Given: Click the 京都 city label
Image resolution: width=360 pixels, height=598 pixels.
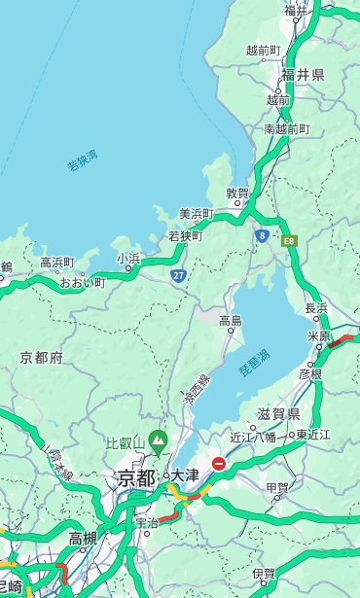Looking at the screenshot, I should [136, 477].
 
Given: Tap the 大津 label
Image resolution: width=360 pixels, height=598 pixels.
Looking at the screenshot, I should [185, 475].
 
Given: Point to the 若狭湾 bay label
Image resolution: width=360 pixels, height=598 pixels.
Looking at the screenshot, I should [83, 160].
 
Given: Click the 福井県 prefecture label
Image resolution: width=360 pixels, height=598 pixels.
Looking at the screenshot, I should [303, 74].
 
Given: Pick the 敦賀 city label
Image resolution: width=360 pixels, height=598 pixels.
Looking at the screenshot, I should [238, 193].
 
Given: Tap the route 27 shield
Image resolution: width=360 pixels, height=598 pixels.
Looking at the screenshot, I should [179, 276].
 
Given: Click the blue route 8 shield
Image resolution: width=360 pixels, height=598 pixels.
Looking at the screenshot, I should [262, 235].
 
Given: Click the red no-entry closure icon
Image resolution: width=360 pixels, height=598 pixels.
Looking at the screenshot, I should [219, 465].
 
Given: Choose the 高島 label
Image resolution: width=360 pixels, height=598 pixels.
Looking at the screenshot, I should [231, 320].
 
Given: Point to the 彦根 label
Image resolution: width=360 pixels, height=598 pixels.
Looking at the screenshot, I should [310, 373].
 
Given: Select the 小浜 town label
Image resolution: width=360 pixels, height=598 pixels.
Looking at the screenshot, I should [128, 259].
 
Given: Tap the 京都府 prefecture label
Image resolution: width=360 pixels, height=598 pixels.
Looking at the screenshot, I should [42, 358].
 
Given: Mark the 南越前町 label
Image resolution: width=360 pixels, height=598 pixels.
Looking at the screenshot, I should [286, 128].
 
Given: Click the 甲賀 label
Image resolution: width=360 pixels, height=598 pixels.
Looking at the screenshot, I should [277, 488].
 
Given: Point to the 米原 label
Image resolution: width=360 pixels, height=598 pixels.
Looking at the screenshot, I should [319, 336].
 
